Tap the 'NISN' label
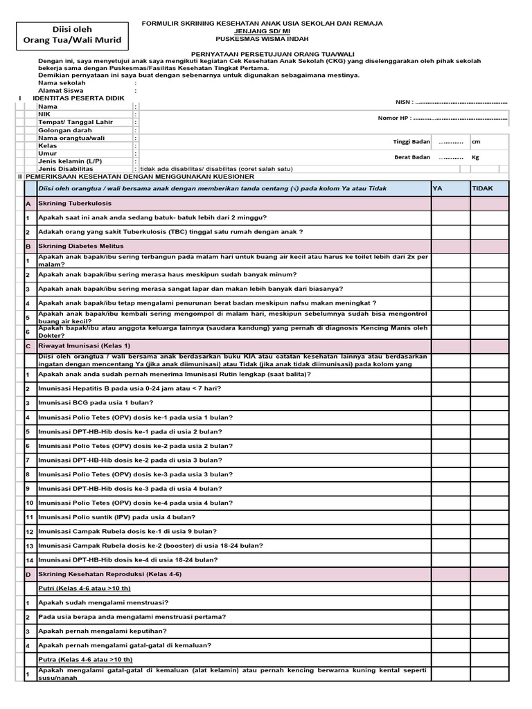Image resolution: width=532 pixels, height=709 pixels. point(402,101)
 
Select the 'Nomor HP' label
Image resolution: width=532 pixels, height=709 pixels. point(395,118)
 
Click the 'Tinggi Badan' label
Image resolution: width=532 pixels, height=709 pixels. point(411,142)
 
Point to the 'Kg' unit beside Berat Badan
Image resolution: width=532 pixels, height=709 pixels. point(475,157)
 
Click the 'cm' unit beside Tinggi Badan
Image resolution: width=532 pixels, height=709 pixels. point(476,142)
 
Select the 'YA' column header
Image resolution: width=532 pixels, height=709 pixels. point(438,188)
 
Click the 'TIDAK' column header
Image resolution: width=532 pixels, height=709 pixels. point(483,188)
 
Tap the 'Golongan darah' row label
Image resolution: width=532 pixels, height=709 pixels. point(66,130)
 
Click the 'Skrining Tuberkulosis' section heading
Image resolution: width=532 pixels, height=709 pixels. point(75,204)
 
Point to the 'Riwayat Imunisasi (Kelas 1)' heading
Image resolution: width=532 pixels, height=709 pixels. point(85,345)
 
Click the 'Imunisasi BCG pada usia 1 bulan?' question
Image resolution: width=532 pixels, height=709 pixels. point(96,402)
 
